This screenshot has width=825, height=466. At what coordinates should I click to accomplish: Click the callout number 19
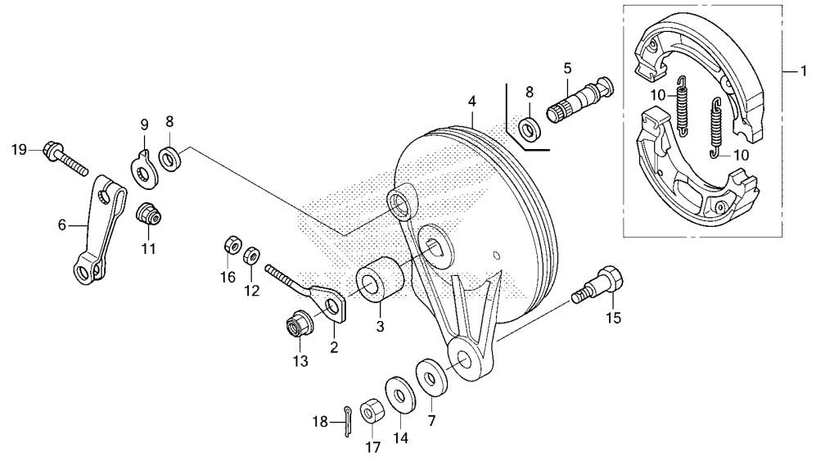pyautogui.click(x=19, y=150)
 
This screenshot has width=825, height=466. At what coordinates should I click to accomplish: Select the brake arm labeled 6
pyautogui.click(x=100, y=229)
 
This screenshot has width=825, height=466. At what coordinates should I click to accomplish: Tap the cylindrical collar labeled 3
pyautogui.click(x=381, y=279)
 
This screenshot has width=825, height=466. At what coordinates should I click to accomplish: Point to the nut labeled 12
pyautogui.click(x=251, y=256)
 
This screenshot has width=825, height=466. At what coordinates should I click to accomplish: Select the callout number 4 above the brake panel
pyautogui.click(x=472, y=101)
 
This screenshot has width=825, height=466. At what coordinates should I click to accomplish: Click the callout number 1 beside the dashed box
pyautogui.click(x=804, y=70)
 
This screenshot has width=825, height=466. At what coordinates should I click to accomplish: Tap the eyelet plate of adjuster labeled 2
pyautogui.click(x=331, y=304)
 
